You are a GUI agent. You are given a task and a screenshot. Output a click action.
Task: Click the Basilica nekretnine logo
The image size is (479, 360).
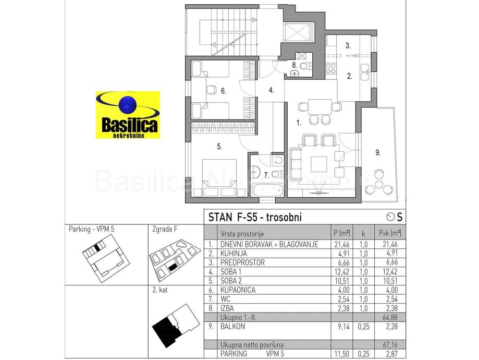coord(127,115)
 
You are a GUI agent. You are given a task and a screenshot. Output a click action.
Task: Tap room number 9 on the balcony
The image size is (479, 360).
coord(378,153)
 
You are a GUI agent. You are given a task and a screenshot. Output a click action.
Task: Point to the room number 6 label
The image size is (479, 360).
coord(223,91)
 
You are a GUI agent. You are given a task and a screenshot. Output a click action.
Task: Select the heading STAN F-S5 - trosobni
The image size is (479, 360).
coord(255,217)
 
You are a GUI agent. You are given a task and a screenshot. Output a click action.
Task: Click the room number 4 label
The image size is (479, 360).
coord(271,90)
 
